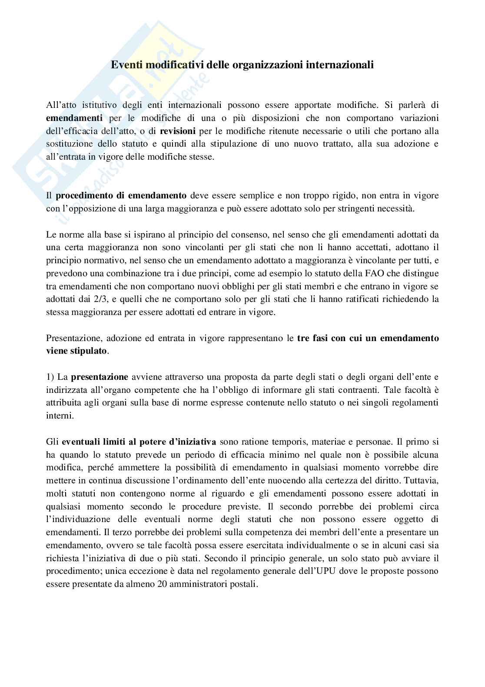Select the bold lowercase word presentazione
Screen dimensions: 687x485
(100, 377)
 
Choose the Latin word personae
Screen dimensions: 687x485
(372, 442)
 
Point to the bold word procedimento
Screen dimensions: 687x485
(82, 195)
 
